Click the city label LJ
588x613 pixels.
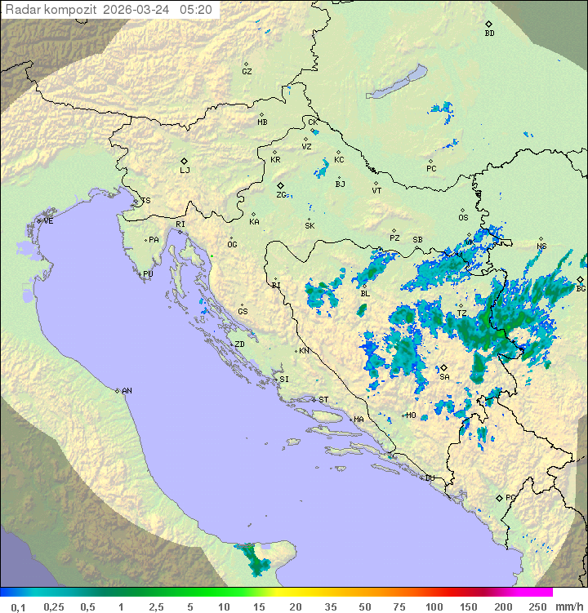(x=185, y=171)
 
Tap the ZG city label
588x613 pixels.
(x=281, y=195)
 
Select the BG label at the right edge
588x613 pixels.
(x=581, y=288)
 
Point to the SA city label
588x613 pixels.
(x=444, y=377)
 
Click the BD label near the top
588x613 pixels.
(x=489, y=33)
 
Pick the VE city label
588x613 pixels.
(x=48, y=221)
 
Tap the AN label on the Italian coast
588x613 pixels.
(x=127, y=391)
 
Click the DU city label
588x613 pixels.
(x=429, y=478)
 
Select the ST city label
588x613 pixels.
(x=323, y=400)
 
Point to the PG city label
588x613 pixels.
(x=510, y=497)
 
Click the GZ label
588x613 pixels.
(x=247, y=72)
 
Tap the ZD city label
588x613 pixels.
(x=239, y=344)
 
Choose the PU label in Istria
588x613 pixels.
(x=148, y=274)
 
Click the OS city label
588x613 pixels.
(x=463, y=218)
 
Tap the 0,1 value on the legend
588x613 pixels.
(x=17, y=606)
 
